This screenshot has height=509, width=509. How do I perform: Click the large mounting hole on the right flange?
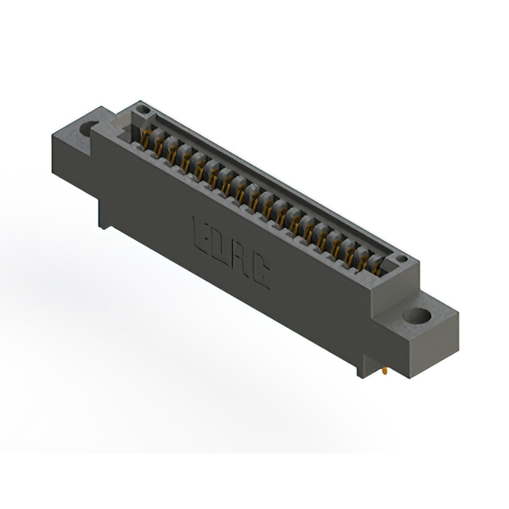pos(415,317)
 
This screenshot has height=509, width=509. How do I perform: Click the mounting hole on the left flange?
pos(88,126)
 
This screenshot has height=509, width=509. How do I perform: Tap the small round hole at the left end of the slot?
pos(142,110)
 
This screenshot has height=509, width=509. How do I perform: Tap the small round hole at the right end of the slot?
pos(401,259)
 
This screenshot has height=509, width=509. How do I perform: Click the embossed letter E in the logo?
pos(201,228)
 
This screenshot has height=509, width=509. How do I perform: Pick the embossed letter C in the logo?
pos(259,274)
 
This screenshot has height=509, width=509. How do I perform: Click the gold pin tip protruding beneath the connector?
pos(385,370)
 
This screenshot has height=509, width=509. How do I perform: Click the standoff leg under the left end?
pos(103,217)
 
